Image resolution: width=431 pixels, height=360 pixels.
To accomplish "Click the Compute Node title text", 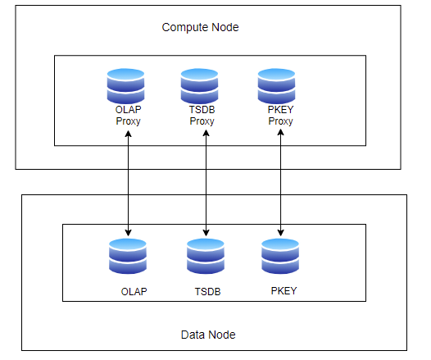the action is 200,28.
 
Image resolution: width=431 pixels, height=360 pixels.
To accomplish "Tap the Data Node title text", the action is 208,335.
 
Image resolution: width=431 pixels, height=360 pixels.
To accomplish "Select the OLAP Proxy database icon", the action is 125,86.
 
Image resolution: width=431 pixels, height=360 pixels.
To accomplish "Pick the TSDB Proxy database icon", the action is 199,86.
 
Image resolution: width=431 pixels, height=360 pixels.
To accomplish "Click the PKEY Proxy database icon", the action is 276,86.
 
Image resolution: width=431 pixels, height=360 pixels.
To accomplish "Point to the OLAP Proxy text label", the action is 128,116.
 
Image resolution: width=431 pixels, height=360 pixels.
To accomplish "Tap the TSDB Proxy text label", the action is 202,116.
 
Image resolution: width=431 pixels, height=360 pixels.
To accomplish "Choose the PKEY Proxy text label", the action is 281,116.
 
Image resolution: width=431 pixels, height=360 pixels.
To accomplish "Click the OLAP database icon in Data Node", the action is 128,256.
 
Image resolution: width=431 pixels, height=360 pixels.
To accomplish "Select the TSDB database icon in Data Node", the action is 206,256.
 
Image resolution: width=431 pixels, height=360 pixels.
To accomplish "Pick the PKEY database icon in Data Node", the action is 280,256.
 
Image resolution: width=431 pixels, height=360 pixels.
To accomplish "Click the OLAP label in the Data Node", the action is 134,291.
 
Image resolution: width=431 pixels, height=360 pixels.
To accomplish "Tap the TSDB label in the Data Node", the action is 207,291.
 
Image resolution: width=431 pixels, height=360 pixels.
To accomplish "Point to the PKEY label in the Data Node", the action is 284,290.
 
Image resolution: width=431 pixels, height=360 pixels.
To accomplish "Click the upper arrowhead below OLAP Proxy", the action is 128,134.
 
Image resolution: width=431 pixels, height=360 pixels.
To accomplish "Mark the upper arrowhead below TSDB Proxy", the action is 206,133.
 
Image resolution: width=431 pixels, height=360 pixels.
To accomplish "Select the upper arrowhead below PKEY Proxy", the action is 281,132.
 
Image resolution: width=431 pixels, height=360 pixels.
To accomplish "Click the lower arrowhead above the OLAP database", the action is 128,233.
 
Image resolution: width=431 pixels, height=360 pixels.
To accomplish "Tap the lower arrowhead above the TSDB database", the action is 206,233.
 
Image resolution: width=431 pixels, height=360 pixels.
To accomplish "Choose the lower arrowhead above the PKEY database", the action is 281,233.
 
